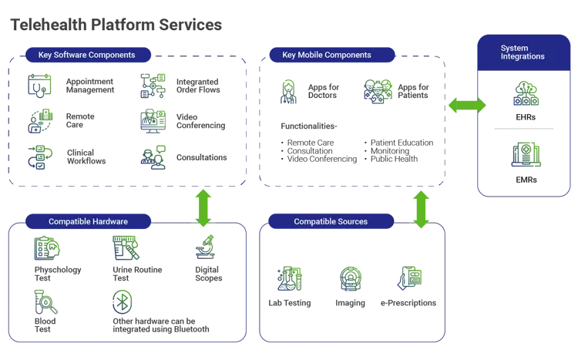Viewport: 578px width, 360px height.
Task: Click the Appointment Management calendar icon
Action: click(39, 86)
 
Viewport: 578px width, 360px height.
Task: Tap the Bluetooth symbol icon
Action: click(123, 302)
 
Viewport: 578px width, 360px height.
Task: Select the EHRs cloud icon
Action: click(526, 93)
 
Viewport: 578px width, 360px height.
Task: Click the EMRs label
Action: click(526, 180)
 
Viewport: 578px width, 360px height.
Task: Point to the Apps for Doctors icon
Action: click(288, 92)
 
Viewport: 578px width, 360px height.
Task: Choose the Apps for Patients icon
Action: click(378, 92)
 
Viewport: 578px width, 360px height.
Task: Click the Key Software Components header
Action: click(88, 55)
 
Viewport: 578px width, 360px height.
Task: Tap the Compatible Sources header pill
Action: click(331, 221)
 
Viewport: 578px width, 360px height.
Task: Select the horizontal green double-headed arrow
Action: click(467, 105)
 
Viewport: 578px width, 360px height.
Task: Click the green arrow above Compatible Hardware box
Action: click(203, 208)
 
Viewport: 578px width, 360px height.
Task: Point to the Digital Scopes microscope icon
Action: click(205, 247)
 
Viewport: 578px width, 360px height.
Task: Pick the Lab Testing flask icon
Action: click(289, 278)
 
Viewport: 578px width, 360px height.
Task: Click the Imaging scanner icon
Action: click(350, 278)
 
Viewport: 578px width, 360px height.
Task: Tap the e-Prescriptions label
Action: click(408, 303)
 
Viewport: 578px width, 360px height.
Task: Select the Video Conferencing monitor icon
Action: click(153, 121)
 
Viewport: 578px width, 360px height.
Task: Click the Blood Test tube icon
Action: click(45, 301)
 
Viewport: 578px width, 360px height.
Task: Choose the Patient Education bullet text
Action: click(402, 143)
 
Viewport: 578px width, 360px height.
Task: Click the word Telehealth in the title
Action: click(49, 25)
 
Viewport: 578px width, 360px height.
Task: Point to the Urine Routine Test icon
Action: click(126, 247)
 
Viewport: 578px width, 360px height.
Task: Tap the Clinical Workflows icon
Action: click(40, 157)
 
